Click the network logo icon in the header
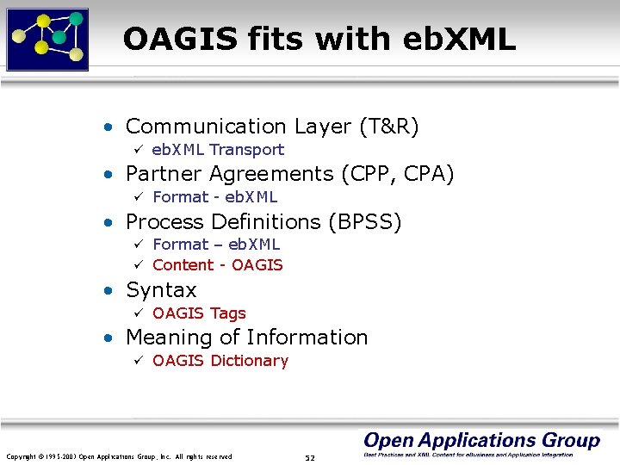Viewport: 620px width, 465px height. (48, 39)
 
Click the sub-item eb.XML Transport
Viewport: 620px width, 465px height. (218, 150)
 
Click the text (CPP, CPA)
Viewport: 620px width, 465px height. (397, 174)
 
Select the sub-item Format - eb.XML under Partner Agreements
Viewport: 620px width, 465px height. (214, 197)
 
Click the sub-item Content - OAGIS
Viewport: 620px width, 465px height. (217, 265)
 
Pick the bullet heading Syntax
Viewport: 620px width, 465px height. (161, 290)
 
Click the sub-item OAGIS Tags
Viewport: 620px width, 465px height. (199, 313)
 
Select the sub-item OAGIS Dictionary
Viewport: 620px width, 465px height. (220, 361)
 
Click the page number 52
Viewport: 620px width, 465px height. (310, 457)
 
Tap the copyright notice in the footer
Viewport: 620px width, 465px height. (119, 456)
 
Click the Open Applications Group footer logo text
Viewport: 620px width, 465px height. (481, 441)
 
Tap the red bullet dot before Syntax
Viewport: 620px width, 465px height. (107, 291)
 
